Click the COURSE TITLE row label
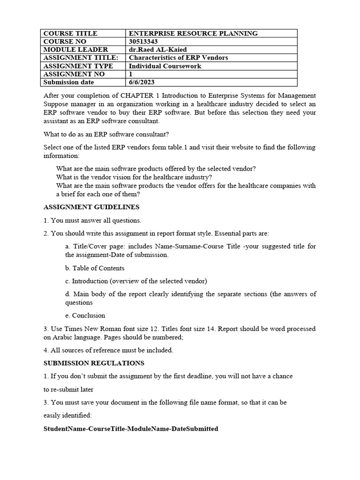pos(70,33)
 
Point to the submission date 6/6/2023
pos(141,82)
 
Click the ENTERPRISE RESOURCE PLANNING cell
pos(193,33)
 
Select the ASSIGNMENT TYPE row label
pos(78,66)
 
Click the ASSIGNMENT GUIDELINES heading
pos(91,207)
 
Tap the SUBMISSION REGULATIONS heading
pos(94,363)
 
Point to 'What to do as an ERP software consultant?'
pos(106,134)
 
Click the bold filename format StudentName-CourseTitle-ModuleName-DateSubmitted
pos(131,428)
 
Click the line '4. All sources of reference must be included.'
pos(108,350)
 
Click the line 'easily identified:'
pos(68,415)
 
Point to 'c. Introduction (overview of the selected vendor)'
pos(136,281)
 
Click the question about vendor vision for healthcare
pos(134,177)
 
